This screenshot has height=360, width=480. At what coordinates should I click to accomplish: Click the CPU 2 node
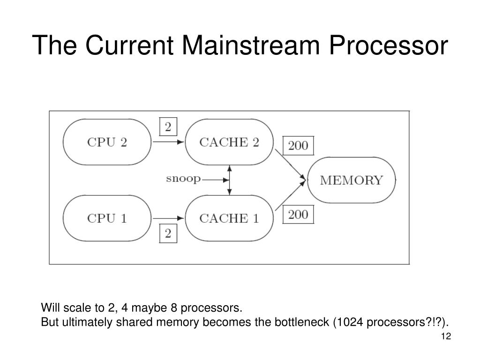point(107,142)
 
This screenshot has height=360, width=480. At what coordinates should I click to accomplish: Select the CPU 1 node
point(107,218)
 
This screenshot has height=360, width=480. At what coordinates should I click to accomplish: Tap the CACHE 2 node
point(229,142)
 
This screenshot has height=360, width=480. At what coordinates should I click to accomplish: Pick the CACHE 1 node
point(229,218)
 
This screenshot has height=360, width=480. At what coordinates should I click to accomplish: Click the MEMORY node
point(352,180)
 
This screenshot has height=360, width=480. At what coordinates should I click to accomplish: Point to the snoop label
point(183,179)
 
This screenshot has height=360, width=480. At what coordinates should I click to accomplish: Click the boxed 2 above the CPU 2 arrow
point(168,127)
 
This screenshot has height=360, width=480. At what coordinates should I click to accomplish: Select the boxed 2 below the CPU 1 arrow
point(168,233)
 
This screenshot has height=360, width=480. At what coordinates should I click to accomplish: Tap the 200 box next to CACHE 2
point(298,145)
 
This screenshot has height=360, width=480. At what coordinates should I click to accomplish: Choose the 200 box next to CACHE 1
point(298,214)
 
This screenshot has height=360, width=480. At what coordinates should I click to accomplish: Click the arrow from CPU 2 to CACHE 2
point(168,142)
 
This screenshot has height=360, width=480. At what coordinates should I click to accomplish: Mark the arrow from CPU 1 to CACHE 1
point(168,218)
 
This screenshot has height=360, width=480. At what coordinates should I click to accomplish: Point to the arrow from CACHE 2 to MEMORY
point(291,165)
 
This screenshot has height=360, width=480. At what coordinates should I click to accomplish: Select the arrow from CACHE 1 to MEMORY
point(291,195)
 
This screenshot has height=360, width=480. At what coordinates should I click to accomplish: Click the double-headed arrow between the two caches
point(230,180)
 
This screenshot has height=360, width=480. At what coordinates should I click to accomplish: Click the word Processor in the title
point(389,45)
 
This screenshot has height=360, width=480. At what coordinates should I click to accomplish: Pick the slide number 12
point(446,336)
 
